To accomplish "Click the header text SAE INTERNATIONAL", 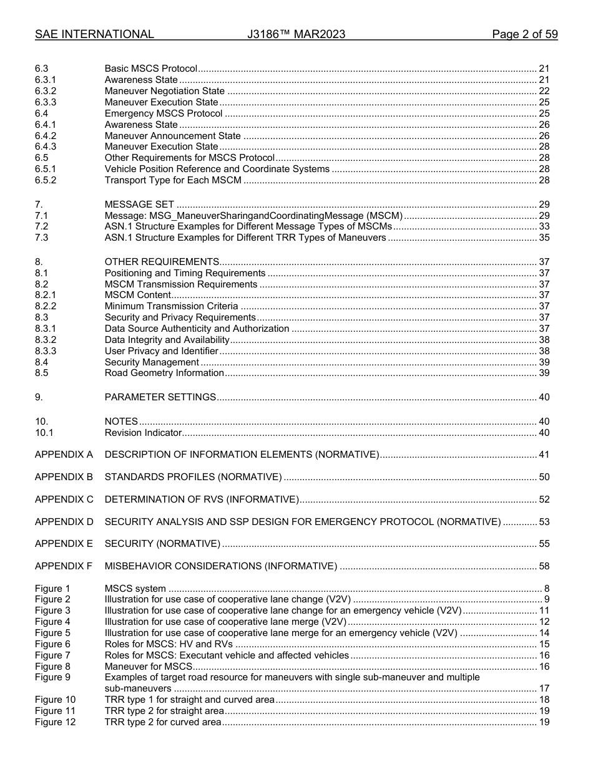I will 94,34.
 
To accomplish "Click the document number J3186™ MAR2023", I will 296,34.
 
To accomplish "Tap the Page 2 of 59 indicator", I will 524,34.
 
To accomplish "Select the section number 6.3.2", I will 46,91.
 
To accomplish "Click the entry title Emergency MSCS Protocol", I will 164,113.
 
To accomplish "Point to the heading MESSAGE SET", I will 139,205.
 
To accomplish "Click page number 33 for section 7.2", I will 544,227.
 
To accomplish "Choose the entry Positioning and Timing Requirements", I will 185,273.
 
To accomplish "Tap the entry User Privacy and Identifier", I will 161,351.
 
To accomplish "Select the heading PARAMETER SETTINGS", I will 160,397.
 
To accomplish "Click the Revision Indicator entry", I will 143,433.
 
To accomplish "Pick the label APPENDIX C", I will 64,499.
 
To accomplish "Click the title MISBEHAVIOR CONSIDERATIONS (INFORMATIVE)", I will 220,566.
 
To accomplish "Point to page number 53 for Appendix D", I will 544,522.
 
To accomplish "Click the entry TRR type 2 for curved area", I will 162,722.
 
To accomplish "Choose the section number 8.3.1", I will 46,329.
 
